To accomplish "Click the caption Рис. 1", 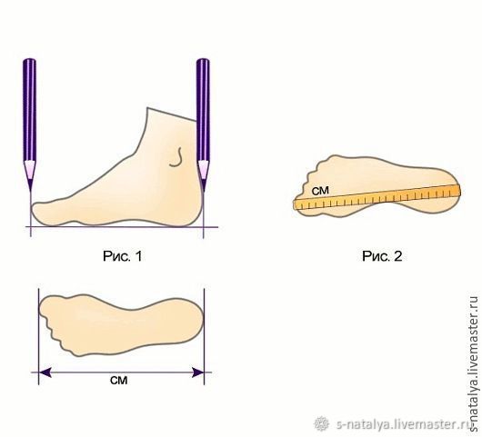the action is tap(123, 256).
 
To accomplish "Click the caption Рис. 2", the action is tap(382, 256).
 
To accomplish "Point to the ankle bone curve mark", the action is tap(176, 157).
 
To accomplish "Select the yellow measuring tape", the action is tap(377, 197).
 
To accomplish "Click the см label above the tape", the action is tap(320, 191).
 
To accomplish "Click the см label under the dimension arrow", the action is tap(118, 381).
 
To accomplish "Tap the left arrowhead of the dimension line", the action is tap(45, 372).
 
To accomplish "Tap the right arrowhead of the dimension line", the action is tap(197, 372).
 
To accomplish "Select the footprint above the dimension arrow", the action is tap(121, 325).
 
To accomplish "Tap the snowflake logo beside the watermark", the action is tap(322, 424).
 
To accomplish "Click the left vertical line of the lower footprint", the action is tap(38, 336).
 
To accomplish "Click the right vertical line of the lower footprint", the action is tap(204, 336).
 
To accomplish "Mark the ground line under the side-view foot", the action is tap(122, 227).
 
